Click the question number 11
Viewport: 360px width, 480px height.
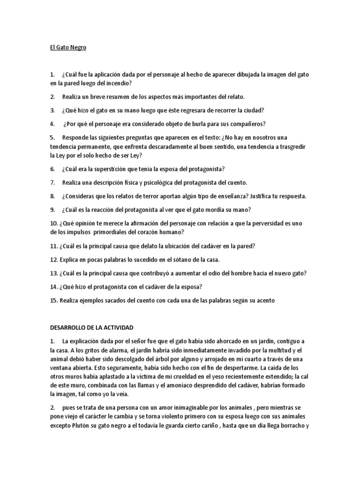point(53,246)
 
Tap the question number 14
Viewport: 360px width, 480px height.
point(53,286)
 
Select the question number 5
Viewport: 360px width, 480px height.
point(52,138)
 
